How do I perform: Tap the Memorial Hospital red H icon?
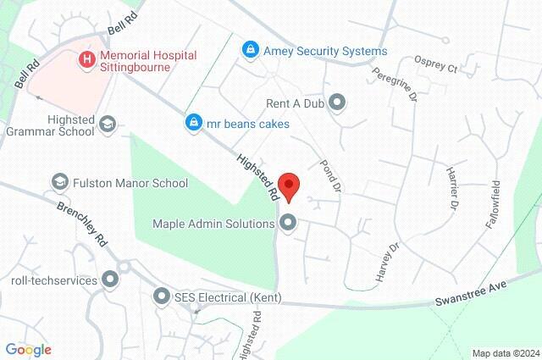pyautogui.click(x=86, y=59)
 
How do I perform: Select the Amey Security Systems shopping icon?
pyautogui.click(x=250, y=51)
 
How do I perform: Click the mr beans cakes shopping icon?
pyautogui.click(x=194, y=124)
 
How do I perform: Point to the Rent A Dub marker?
pyautogui.click(x=338, y=103)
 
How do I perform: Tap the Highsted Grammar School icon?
pyautogui.click(x=108, y=125)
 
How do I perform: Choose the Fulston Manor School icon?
pyautogui.click(x=60, y=182)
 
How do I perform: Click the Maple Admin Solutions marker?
pyautogui.click(x=288, y=224)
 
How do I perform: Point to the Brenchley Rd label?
pyautogui.click(x=81, y=220)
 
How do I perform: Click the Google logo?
pyautogui.click(x=28, y=349)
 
